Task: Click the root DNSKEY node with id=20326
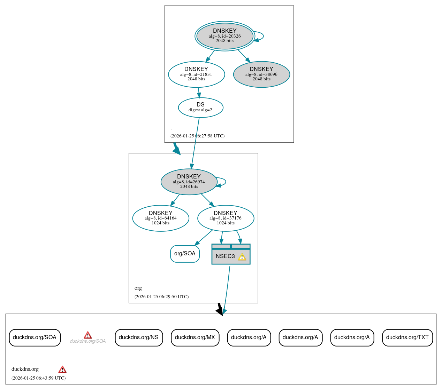pyautogui.click(x=224, y=36)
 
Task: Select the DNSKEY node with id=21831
pyautogui.click(x=196, y=74)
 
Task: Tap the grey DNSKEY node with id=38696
pyautogui.click(x=261, y=74)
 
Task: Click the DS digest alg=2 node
pyautogui.click(x=200, y=107)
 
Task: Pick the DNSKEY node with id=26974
pyautogui.click(x=189, y=182)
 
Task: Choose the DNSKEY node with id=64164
pyautogui.click(x=161, y=218)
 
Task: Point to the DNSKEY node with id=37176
pyautogui.click(x=226, y=218)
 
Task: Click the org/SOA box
pyautogui.click(x=185, y=254)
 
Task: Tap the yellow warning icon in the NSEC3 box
pyautogui.click(x=242, y=257)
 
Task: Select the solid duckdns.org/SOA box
pyautogui.click(x=35, y=337)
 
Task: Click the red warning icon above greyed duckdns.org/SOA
pyautogui.click(x=88, y=335)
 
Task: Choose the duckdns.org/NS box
pyautogui.click(x=139, y=337)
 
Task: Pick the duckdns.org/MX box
pyautogui.click(x=195, y=337)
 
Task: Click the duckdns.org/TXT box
pyautogui.click(x=407, y=337)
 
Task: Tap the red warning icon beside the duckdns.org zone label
pyautogui.click(x=62, y=369)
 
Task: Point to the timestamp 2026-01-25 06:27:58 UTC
pyautogui.click(x=197, y=136)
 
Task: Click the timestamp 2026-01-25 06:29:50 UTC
pyautogui.click(x=161, y=297)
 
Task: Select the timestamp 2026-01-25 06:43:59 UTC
pyautogui.click(x=38, y=378)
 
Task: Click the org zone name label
pyautogui.click(x=138, y=288)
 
